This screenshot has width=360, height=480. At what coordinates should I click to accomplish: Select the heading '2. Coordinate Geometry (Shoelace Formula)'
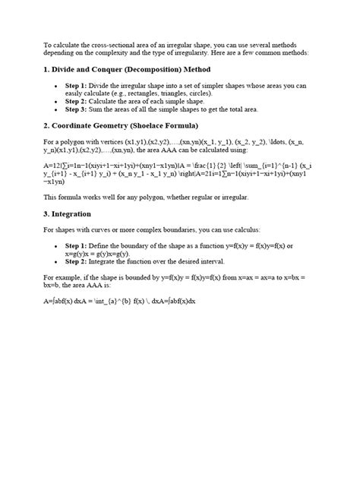[120, 124]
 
